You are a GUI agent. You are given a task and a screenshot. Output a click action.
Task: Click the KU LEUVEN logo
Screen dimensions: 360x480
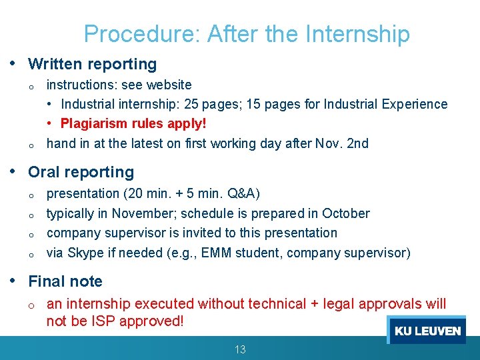coord(427,331)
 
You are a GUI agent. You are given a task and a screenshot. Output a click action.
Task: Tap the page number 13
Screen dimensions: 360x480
coord(240,349)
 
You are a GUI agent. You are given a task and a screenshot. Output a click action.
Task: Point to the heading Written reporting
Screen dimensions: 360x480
coord(92,64)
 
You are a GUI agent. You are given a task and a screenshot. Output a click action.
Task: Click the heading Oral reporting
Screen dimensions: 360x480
coord(81,172)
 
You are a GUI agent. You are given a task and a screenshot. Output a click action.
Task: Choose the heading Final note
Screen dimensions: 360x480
coord(65,281)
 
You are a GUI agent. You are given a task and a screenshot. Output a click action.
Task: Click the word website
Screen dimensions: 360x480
coord(169,85)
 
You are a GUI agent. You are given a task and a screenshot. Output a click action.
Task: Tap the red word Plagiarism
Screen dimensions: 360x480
coord(92,123)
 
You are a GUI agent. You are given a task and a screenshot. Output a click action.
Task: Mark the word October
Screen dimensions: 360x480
coord(345,213)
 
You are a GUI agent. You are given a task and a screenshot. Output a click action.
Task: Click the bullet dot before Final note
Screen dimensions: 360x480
coord(14,281)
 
